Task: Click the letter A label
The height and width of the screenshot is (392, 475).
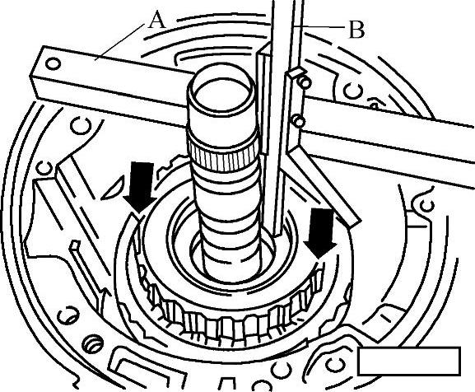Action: [157, 19]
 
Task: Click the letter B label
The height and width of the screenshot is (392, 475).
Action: [356, 30]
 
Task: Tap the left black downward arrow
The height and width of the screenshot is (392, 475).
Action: [140, 187]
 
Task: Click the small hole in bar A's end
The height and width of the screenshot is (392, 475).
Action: [53, 64]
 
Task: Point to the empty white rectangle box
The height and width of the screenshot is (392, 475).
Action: [409, 361]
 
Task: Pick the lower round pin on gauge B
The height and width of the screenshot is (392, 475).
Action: [299, 120]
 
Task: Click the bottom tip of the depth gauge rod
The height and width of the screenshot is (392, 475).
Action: [278, 235]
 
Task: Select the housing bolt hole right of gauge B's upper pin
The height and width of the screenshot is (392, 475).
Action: [353, 90]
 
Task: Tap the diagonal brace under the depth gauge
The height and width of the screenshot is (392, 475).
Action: [324, 184]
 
